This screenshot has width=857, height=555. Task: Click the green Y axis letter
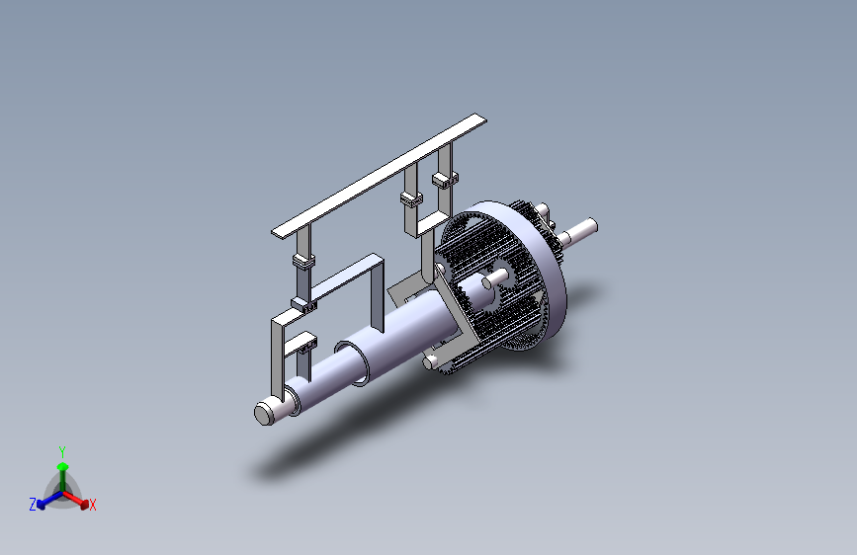click(62, 452)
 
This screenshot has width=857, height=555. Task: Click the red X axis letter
click(92, 506)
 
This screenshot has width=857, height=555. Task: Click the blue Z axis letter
click(33, 505)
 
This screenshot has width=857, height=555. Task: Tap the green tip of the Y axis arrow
click(63, 466)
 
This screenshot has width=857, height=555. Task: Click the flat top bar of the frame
click(379, 176)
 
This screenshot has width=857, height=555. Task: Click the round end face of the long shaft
click(264, 414)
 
